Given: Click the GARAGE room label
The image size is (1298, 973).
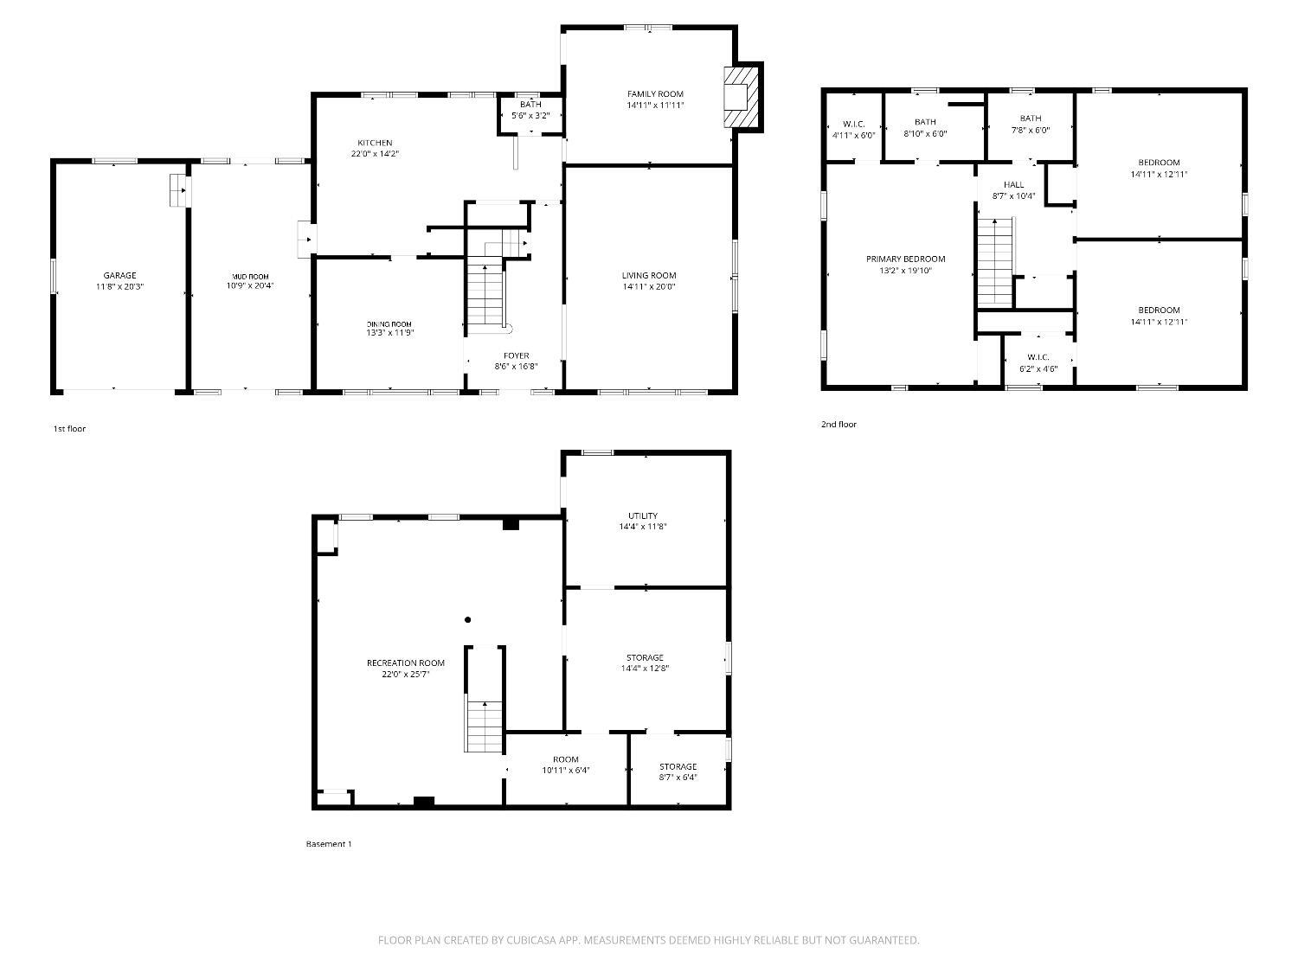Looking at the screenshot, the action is tap(119, 275).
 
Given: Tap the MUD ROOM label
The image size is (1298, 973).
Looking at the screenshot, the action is tap(250, 277).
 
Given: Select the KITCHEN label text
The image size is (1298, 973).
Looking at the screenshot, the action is tap(375, 143).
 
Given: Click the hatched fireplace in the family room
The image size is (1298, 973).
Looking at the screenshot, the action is tap(741, 97).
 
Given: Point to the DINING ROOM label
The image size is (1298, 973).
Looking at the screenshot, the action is tap(389, 324).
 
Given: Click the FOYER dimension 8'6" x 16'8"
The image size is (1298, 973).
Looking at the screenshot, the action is tap(517, 366).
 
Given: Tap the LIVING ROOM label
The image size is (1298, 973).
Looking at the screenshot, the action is tap(649, 275).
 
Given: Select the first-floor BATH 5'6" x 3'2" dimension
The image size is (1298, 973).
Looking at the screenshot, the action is tap(530, 116).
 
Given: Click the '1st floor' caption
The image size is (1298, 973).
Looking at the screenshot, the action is tap(70, 429).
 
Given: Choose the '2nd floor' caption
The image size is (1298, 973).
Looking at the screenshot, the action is tap(839, 424).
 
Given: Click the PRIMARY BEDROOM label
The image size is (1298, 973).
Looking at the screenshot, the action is tap(905, 259).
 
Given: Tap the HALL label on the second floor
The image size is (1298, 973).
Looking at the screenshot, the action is tap(1013, 185).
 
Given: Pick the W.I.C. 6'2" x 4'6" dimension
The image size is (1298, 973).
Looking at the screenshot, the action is tap(1038, 368).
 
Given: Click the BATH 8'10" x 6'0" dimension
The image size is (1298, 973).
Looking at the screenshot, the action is tap(925, 133).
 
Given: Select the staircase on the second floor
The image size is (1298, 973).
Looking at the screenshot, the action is tap(995, 261).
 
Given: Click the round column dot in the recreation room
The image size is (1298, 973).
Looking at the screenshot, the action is tap(468, 620).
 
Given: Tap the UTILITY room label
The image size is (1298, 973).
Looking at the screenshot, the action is tap(643, 515).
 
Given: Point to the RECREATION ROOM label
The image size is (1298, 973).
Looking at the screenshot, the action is tap(406, 663).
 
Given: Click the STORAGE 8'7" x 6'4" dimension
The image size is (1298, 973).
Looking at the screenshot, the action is tap(678, 777).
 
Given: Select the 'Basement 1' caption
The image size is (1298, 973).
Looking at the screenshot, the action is tap(329, 843).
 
